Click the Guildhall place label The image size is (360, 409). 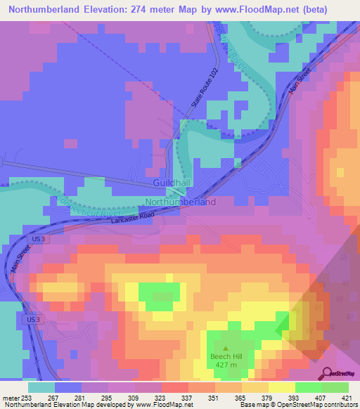tap(170, 183)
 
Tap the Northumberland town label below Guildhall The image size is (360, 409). tap(180, 202)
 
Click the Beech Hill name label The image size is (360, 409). tap(225, 356)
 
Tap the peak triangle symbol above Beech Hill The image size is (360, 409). tap(225, 347)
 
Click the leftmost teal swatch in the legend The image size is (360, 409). tap(41, 387)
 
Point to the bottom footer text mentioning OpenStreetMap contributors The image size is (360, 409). tap(301, 405)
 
